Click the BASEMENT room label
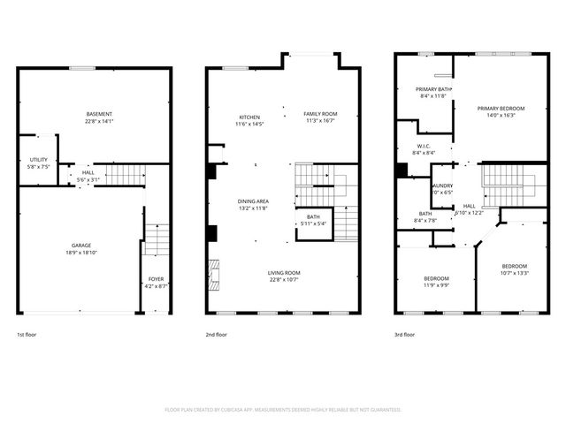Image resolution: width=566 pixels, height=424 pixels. [x=99, y=116]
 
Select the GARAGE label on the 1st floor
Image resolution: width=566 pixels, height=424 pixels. [x=81, y=245]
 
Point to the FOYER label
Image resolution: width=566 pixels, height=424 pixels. [x=156, y=279]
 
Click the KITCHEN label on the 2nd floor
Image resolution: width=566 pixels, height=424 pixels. [x=249, y=117]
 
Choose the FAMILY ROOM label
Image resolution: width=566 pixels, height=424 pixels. [x=320, y=114]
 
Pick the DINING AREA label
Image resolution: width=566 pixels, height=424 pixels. [x=253, y=201]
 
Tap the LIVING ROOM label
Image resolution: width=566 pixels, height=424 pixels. [x=285, y=273]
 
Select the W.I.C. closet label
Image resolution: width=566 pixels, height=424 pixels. [x=423, y=147]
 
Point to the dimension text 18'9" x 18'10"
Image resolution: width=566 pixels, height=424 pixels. [x=81, y=252]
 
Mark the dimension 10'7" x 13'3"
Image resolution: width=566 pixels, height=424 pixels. [x=514, y=273]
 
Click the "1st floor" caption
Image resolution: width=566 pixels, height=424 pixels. [x=27, y=335]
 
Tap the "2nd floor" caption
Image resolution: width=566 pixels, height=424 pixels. [x=217, y=335]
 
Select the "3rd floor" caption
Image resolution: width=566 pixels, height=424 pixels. [x=405, y=335]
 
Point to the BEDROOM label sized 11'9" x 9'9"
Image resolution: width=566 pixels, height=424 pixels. [x=435, y=279]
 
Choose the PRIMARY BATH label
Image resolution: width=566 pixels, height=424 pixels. [x=434, y=89]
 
